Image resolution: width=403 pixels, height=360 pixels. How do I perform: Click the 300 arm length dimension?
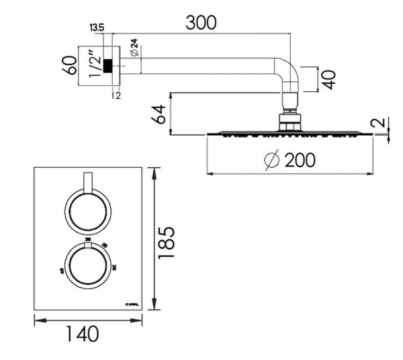click(x=201, y=22)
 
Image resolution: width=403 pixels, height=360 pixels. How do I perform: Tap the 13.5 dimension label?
click(x=97, y=28)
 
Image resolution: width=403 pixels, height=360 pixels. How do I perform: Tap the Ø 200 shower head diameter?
click(x=289, y=160)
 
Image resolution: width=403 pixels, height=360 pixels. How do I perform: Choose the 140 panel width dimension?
click(x=83, y=332)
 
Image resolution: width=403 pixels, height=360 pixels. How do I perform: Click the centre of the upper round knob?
click(x=87, y=210)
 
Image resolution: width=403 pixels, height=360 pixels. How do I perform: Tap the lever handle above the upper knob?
click(x=87, y=182)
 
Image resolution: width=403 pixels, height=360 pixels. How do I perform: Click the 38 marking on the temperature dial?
click(x=87, y=240)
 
